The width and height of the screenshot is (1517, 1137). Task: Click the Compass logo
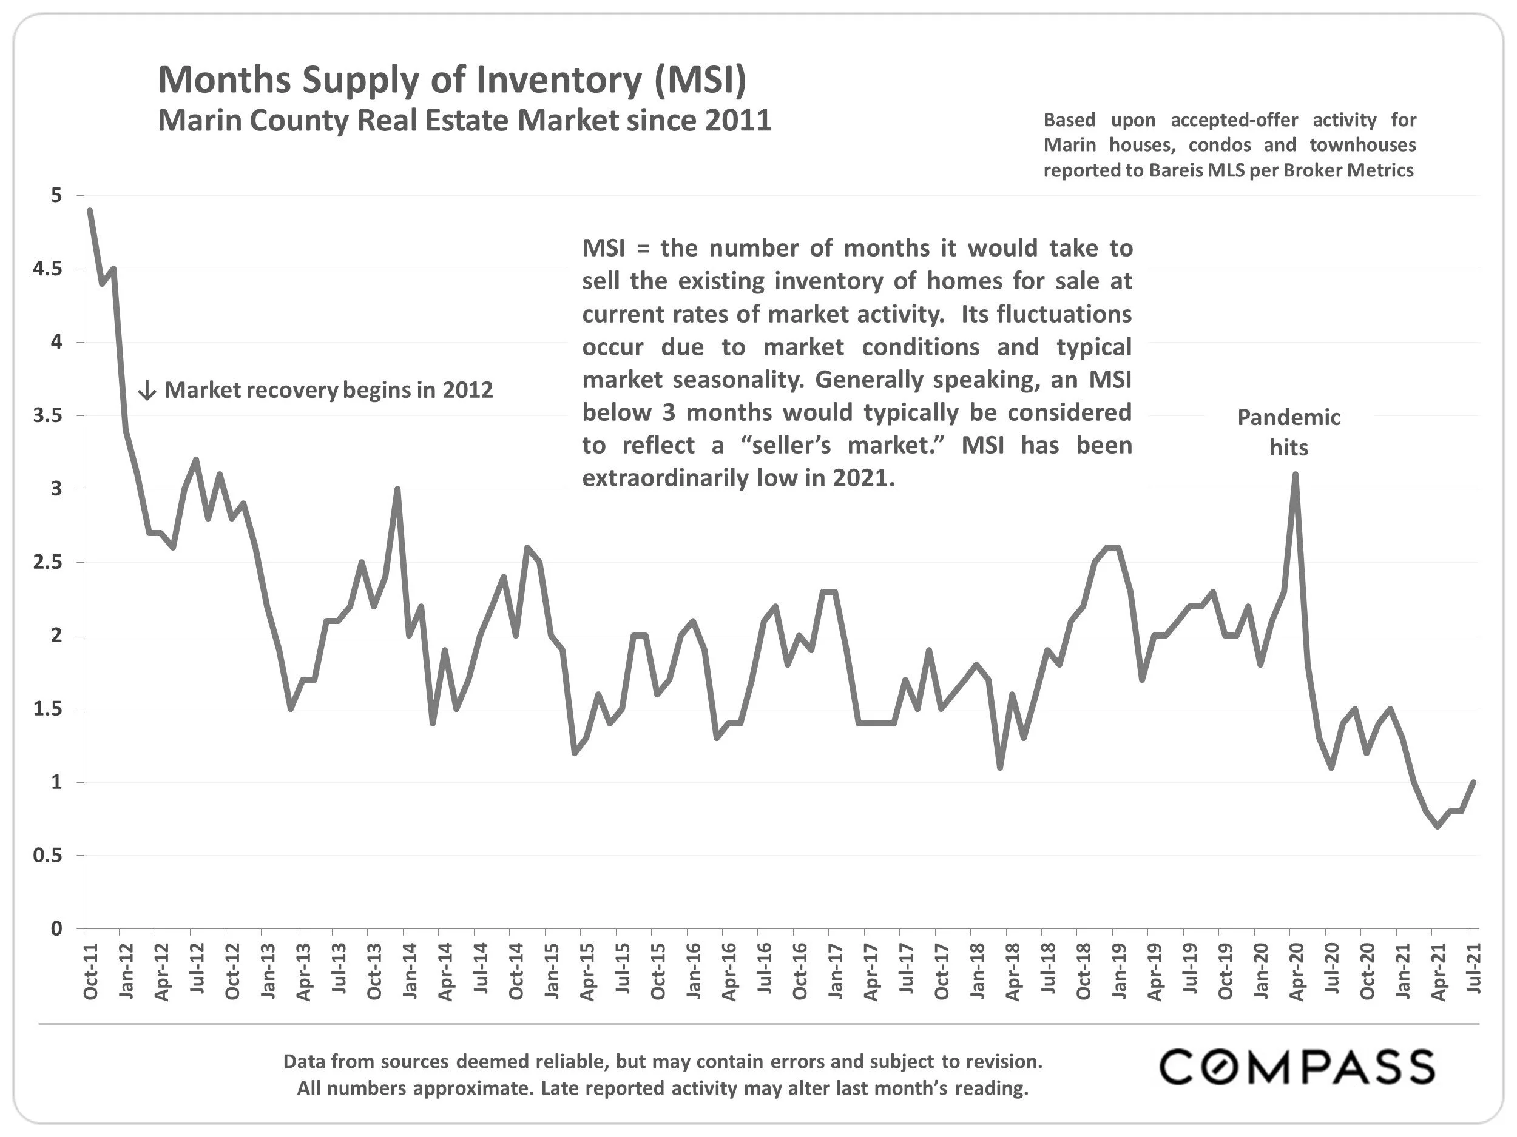(x=1296, y=1067)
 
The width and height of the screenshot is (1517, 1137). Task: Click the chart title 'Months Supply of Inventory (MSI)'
(x=452, y=79)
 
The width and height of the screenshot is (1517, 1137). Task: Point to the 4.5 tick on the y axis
(x=47, y=269)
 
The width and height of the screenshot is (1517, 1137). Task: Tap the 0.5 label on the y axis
(x=47, y=855)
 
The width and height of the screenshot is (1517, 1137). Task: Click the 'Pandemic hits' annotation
(x=1289, y=432)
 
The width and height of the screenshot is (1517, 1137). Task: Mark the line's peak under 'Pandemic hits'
(x=1295, y=474)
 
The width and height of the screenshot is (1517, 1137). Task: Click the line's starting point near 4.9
(x=90, y=210)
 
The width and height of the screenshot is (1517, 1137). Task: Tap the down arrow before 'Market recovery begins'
(x=147, y=391)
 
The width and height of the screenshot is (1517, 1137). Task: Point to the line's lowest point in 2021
(x=1438, y=827)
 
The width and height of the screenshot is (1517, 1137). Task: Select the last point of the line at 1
(x=1473, y=782)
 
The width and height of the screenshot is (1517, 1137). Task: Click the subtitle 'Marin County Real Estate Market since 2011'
(x=464, y=121)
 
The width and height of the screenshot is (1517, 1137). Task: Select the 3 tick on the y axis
(x=56, y=489)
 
